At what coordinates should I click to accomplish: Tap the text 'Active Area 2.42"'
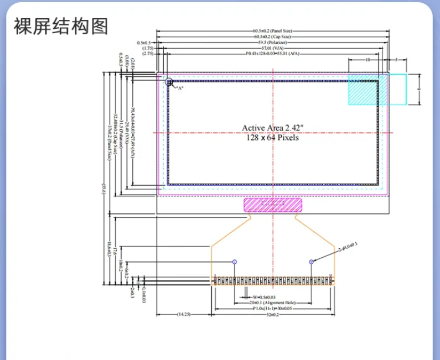coord(273,128)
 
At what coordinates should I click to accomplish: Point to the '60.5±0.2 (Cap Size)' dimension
coord(273,37)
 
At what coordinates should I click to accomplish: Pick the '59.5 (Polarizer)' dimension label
coord(273,43)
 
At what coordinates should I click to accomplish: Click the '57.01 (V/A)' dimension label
coord(273,48)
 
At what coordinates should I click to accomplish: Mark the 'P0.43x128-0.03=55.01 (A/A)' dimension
coord(273,54)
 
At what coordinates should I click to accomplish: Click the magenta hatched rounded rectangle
coord(273,205)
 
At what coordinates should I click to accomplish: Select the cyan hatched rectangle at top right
coord(377,89)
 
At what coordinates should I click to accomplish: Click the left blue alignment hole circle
coord(235,261)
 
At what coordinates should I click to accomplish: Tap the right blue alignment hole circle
coord(312,261)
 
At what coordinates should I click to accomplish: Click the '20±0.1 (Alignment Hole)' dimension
coord(273,303)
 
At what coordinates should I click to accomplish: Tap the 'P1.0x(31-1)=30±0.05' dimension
coord(273,309)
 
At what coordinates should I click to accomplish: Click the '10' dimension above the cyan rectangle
coord(367,59)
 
